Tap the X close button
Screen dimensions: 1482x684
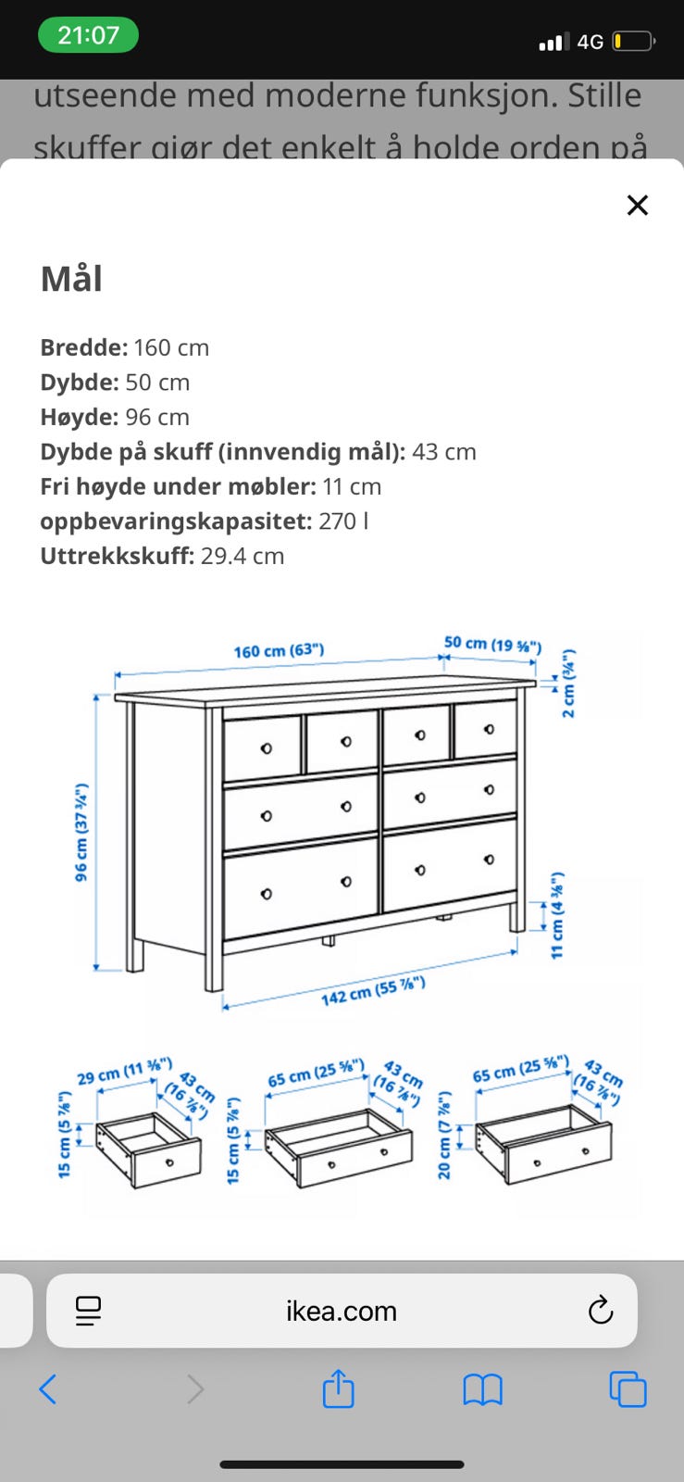coord(637,205)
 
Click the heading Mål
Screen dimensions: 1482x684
coord(71,279)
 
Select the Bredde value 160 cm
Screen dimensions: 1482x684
coord(171,347)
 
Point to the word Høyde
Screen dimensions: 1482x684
coord(78,417)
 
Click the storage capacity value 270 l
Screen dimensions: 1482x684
coord(343,521)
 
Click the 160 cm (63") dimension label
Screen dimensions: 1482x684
coord(279,650)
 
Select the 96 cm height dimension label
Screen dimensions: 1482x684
coord(81,833)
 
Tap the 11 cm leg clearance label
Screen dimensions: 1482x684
coord(557,915)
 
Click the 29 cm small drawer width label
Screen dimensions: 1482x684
coord(124,1072)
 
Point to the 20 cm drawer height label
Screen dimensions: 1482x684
coord(444,1135)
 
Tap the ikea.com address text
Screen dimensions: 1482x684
coord(341,1311)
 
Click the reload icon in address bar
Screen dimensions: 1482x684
coord(601,1311)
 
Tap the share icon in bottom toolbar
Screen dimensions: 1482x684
coord(338,1389)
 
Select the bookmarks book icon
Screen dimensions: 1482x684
coord(482,1389)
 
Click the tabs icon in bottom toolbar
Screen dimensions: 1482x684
coord(628,1389)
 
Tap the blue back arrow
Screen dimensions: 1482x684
coord(48,1389)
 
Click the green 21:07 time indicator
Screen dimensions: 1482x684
coord(88,35)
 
